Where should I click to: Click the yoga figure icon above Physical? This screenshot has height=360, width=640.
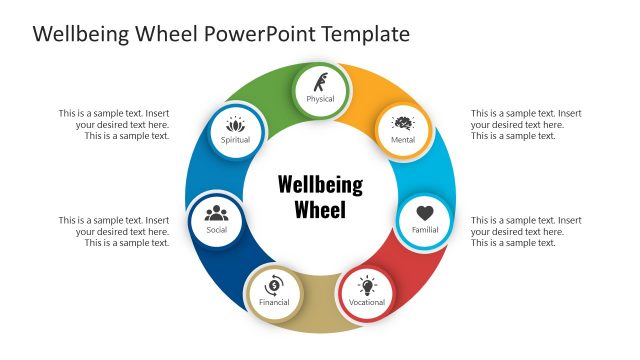coord(320,81)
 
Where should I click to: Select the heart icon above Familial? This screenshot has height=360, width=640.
coord(425,213)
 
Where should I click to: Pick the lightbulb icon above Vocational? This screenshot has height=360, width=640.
coord(367,285)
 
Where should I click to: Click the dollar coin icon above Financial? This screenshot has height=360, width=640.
coord(274,284)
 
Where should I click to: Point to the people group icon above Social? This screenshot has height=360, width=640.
coord(217,212)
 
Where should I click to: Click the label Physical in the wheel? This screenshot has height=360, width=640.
coord(320,99)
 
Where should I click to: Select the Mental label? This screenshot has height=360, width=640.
coord(403,140)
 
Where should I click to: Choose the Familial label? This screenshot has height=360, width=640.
coord(425,230)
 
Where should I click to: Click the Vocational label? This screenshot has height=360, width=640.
coord(367,302)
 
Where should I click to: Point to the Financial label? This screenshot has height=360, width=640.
coord(274,302)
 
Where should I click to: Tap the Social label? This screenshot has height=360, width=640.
coord(217,230)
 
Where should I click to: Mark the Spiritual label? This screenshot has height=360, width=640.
coord(236,140)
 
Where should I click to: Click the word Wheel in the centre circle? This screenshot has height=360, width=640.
coord(320,210)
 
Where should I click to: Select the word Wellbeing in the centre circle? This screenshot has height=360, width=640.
coord(320,185)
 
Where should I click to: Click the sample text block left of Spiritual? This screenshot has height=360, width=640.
coord(114,125)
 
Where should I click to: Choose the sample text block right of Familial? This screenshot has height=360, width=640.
coord(526,231)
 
